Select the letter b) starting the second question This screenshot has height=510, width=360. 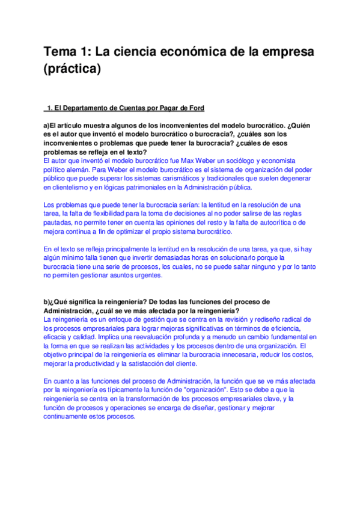click(x=46, y=301)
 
